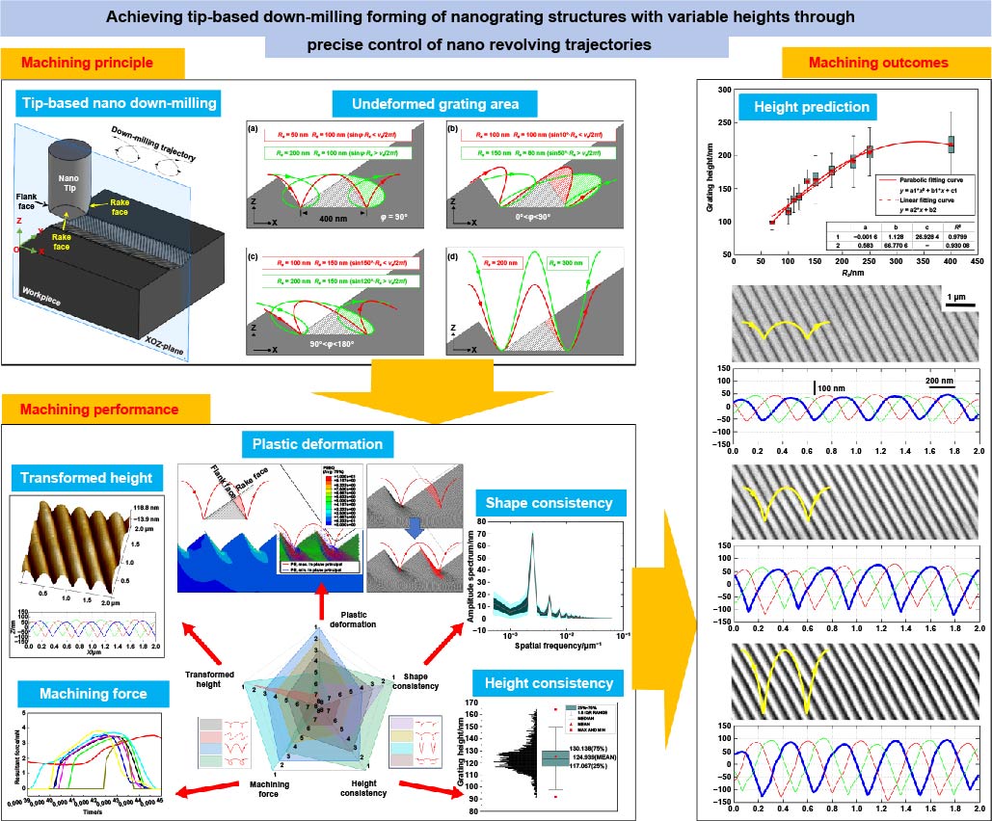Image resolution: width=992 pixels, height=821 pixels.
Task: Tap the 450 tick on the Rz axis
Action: point(977,260)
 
